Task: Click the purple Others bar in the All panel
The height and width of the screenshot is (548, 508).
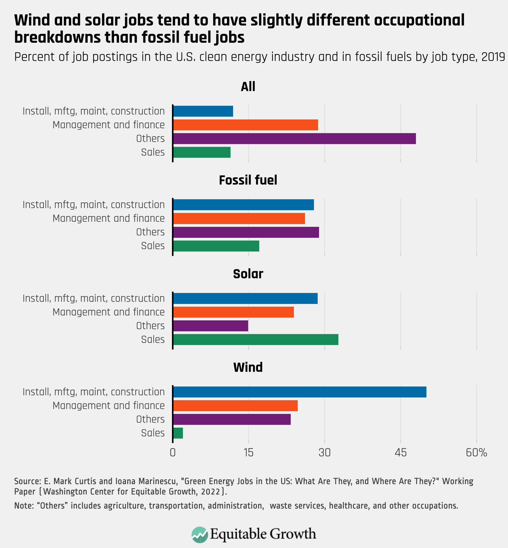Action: pos(294,139)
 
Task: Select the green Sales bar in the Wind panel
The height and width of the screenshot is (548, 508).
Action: pos(178,433)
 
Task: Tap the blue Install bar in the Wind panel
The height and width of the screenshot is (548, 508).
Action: pos(299,392)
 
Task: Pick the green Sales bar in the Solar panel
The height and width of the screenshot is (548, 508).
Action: pos(255,339)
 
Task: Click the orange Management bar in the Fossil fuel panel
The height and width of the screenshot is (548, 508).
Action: pos(239,218)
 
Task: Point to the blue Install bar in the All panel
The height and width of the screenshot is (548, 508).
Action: pos(203,111)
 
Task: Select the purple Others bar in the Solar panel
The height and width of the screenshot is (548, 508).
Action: pos(210,326)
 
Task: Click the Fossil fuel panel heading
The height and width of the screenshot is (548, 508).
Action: pos(248,180)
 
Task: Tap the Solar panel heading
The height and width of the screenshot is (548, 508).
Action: pos(248,274)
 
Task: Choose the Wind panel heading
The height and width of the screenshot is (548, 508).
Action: pos(248,367)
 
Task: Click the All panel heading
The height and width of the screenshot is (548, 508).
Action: pos(248,86)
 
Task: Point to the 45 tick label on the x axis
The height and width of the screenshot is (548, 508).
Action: pos(400,453)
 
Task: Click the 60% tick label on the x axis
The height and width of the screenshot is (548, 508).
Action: pos(476,453)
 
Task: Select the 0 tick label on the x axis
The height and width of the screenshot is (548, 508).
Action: pos(173,453)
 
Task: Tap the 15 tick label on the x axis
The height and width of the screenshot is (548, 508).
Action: pos(248,453)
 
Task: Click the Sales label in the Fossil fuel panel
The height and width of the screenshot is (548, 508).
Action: pos(153,246)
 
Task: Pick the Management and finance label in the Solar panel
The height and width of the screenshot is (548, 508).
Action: pos(108,312)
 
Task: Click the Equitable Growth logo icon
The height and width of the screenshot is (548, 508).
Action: pos(199,534)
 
